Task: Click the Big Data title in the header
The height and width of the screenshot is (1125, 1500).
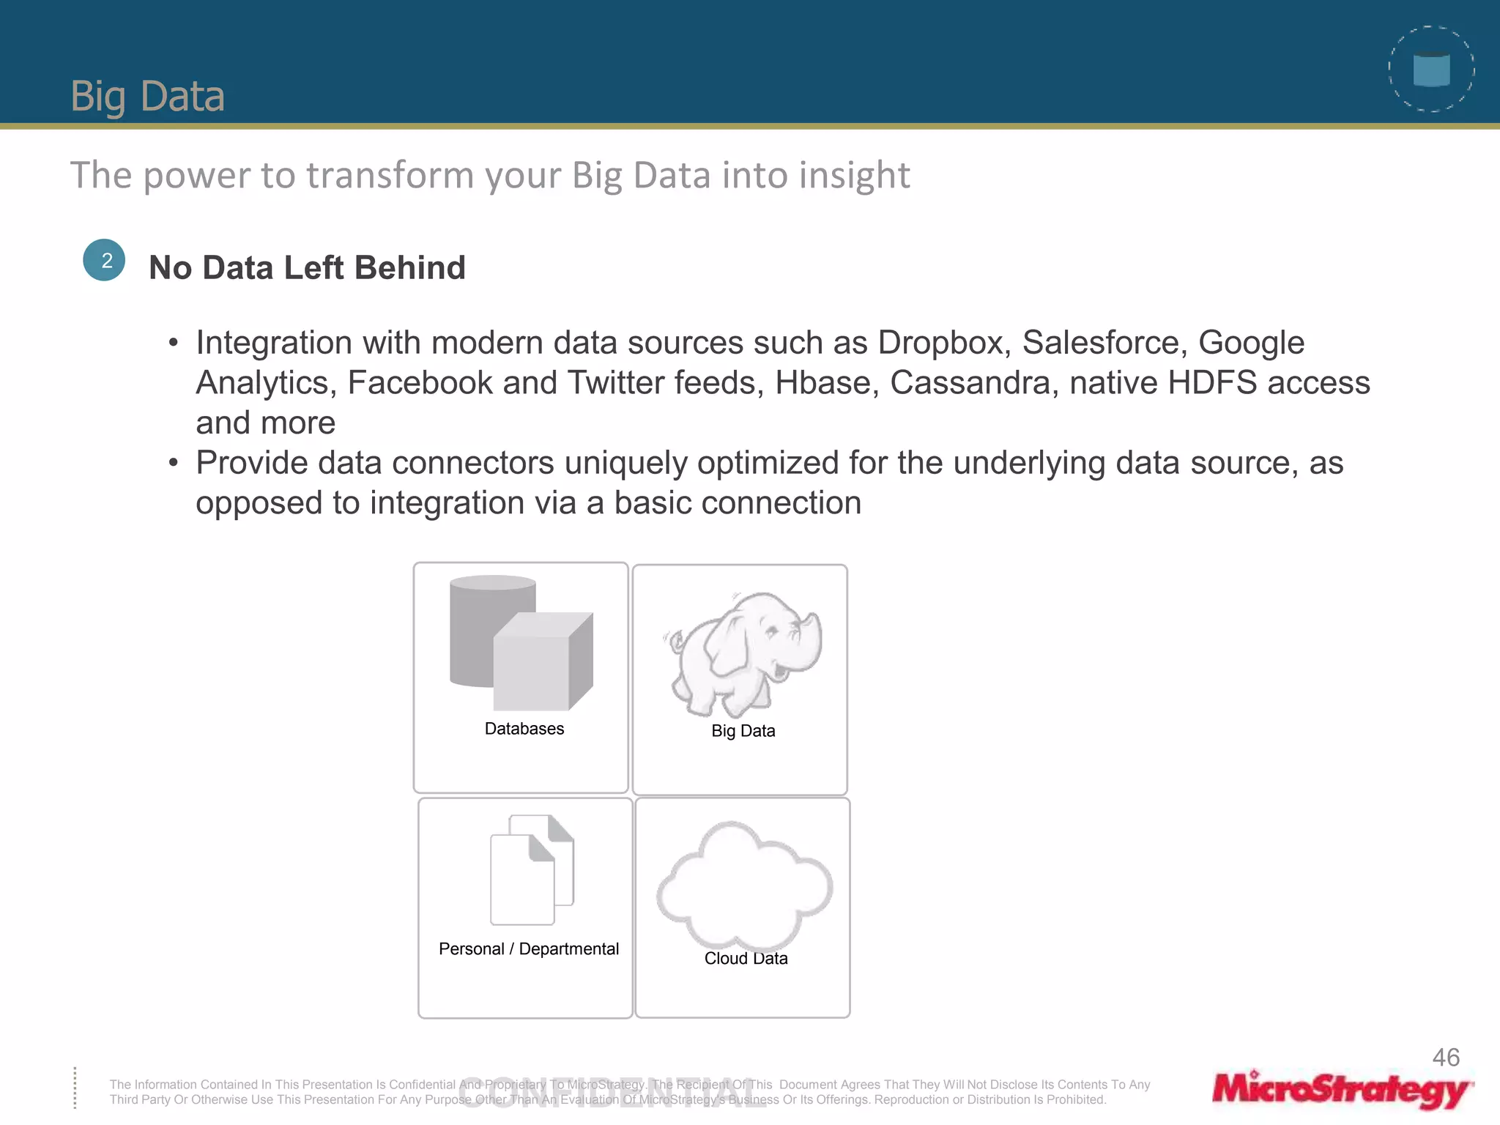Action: (147, 96)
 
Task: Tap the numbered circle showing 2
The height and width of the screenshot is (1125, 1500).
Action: (104, 260)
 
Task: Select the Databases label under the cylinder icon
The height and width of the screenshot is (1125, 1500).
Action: (524, 729)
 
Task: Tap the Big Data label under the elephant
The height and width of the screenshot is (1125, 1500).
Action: (743, 731)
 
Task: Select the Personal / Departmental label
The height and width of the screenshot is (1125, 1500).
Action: (528, 949)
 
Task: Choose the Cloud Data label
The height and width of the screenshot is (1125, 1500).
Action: (746, 959)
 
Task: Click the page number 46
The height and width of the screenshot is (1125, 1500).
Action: (1446, 1058)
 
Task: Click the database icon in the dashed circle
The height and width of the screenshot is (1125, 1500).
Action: (1431, 70)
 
